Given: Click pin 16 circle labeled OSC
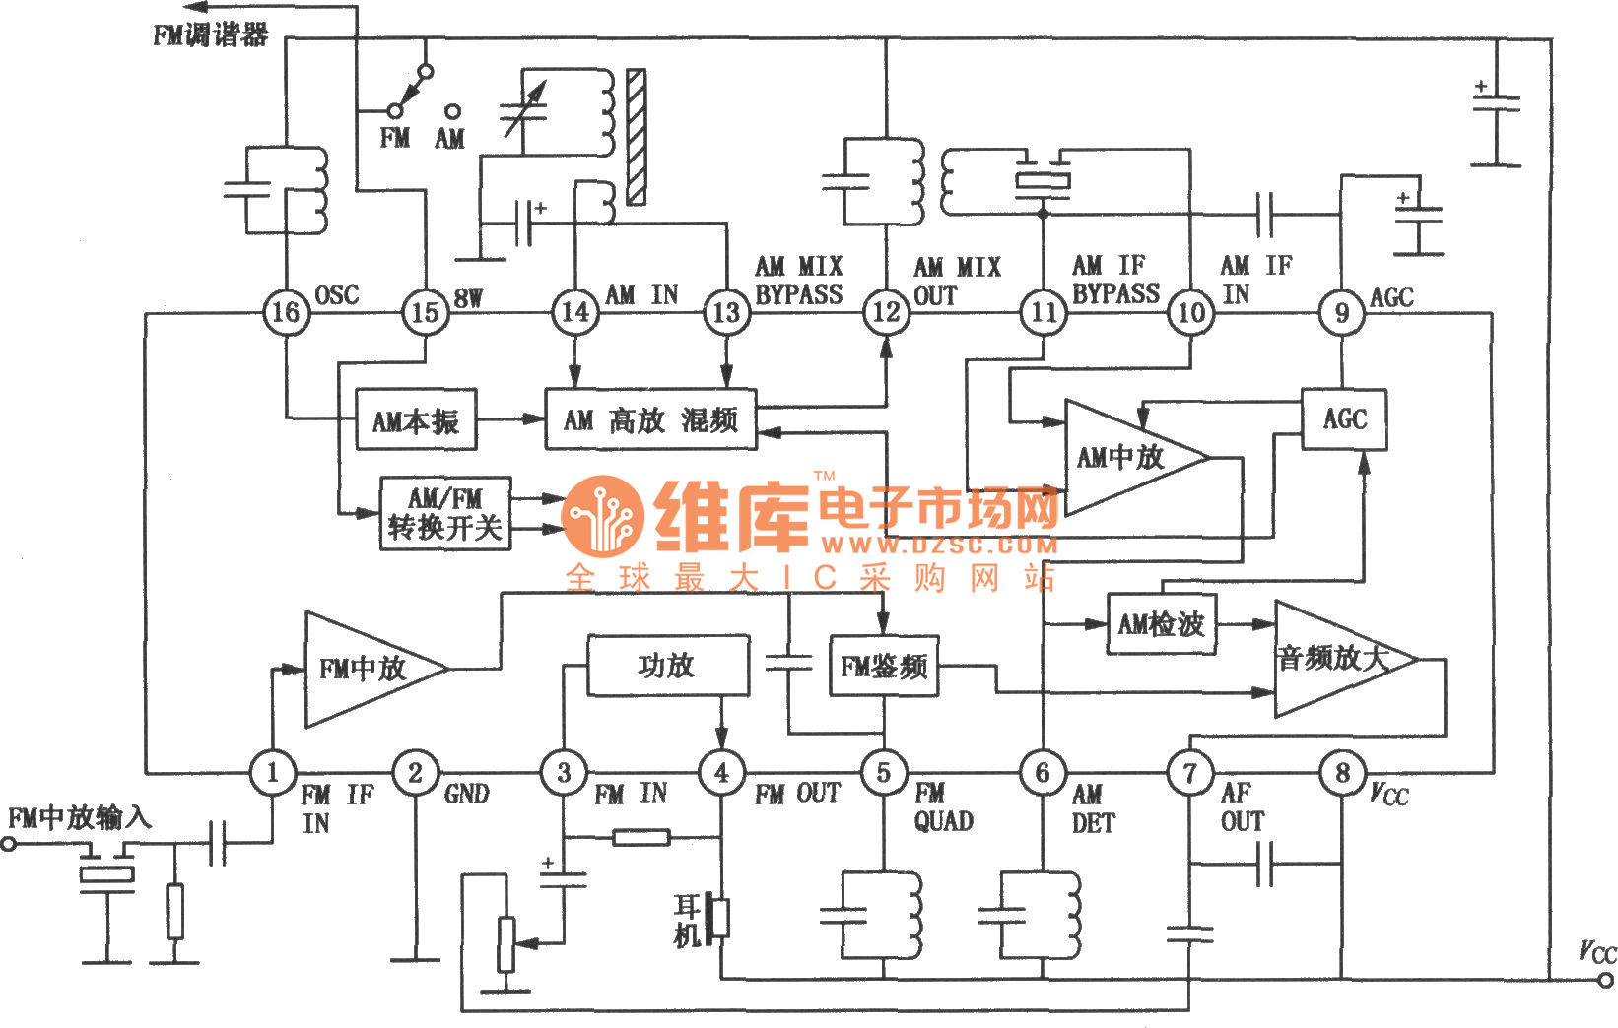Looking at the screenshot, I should (286, 313).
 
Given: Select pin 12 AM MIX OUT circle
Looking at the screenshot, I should (885, 313).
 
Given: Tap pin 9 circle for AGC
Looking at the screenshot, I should (1341, 313).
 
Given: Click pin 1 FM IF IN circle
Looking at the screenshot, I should (272, 773).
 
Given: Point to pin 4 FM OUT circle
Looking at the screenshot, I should (721, 773).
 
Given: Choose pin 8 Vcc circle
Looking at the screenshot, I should (1341, 773).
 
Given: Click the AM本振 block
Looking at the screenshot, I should (416, 421).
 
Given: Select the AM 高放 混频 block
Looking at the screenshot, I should (650, 420).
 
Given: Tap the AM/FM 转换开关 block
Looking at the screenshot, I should (445, 514).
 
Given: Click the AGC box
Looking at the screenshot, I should (1344, 419).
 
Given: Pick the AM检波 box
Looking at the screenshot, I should (1161, 624).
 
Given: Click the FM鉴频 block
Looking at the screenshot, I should (883, 667).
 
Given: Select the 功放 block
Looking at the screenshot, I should (667, 667).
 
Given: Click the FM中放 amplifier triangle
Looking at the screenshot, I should (365, 670).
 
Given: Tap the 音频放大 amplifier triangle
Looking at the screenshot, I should (1335, 659).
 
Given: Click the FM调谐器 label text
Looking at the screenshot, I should (210, 35).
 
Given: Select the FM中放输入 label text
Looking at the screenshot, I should (79, 817).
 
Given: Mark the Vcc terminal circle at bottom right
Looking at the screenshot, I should (1605, 980).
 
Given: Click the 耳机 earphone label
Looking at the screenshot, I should (687, 920).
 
